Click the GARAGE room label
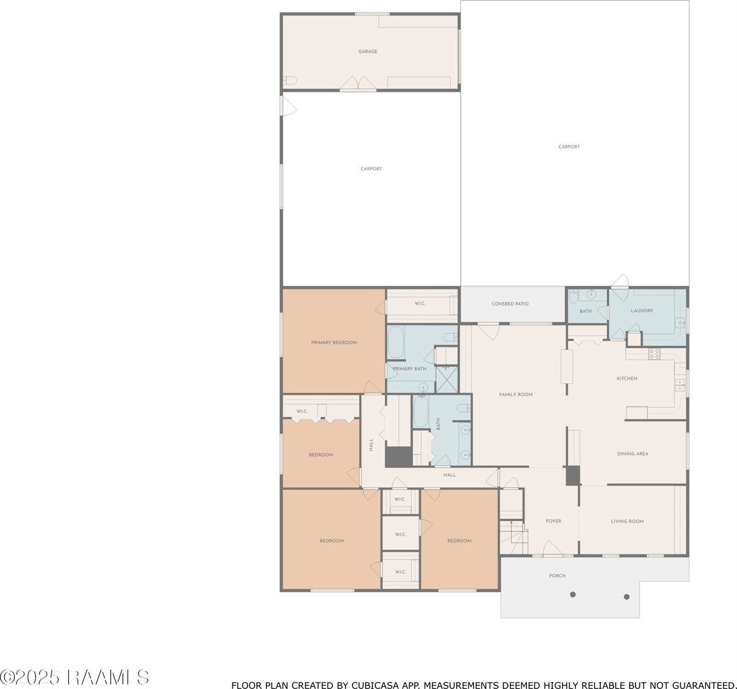[x=368, y=52]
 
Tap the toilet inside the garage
[x=290, y=80]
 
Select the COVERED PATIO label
[x=510, y=304]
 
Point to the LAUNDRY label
[x=642, y=311]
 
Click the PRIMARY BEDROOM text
[x=334, y=342]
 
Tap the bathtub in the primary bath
[x=396, y=342]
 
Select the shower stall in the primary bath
[x=447, y=379]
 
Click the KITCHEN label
[x=627, y=378]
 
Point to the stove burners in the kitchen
[x=654, y=354]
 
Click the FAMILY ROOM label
[x=516, y=394]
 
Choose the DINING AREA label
[x=633, y=454]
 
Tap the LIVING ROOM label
[x=627, y=521]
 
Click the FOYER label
[x=553, y=521]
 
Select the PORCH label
[x=557, y=576]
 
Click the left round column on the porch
[x=573, y=594]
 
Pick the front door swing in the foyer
[x=553, y=548]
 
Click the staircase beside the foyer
[x=514, y=537]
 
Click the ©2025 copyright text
[x=30, y=678]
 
